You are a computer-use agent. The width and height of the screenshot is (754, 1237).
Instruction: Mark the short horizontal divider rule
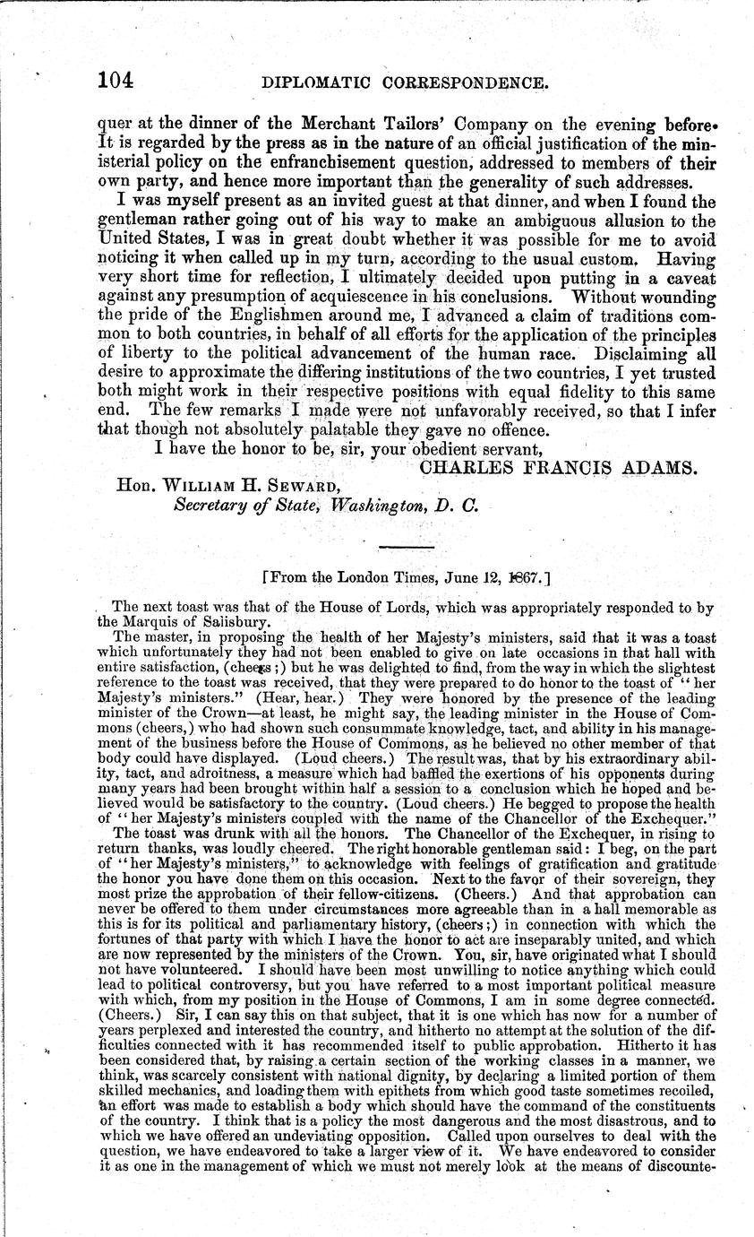coord(407,547)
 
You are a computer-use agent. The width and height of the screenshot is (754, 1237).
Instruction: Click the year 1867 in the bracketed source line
coord(509,579)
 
